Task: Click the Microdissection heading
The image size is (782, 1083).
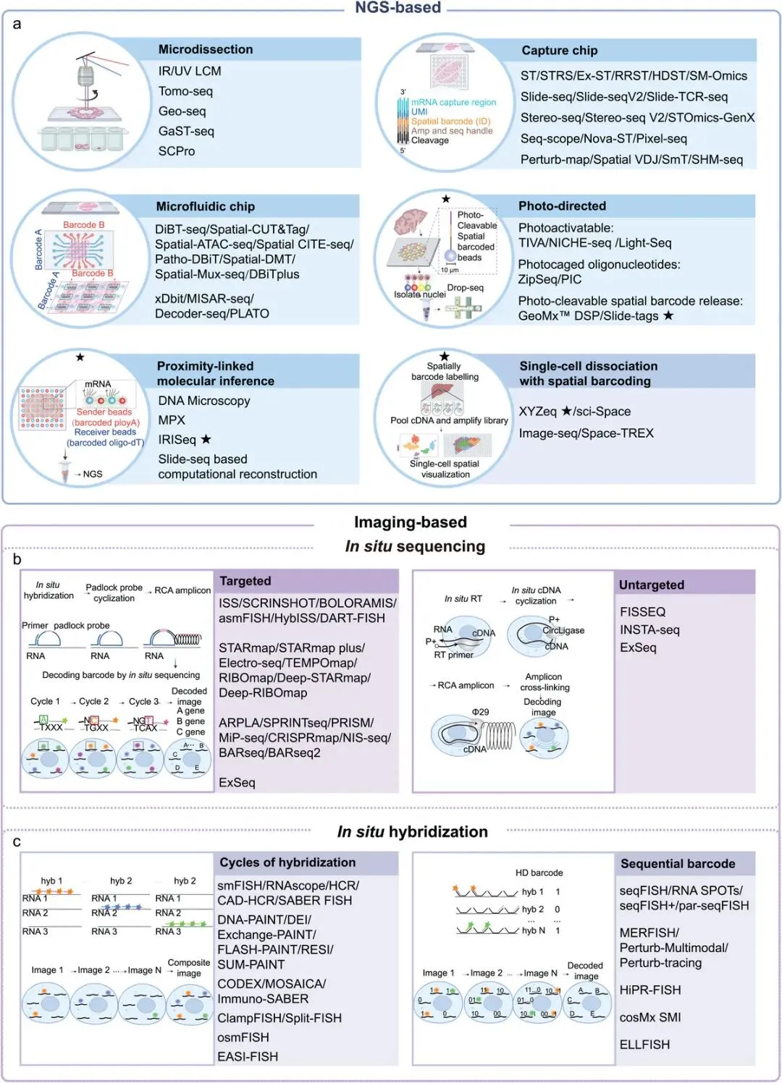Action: (206, 49)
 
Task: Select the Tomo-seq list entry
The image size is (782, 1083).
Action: (185, 91)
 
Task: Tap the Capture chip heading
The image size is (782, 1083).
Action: (559, 51)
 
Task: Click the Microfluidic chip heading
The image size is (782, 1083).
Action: (206, 207)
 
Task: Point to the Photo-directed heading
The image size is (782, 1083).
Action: (562, 206)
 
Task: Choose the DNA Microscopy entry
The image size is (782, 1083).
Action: (204, 401)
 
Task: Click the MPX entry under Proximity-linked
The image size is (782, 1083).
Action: (172, 420)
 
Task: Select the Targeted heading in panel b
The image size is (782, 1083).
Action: (245, 581)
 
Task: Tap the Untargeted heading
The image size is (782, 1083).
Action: (651, 585)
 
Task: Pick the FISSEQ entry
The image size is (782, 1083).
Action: (642, 612)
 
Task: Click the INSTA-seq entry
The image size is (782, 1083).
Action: (649, 630)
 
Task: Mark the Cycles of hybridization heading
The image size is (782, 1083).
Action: (287, 862)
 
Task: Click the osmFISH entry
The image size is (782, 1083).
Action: (243, 1037)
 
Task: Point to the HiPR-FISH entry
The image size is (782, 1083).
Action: (650, 990)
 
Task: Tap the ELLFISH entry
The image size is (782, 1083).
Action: (644, 1045)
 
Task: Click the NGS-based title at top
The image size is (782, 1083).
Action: (398, 8)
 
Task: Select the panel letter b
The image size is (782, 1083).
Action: (17, 559)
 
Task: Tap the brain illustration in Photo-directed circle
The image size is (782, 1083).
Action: (411, 221)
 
